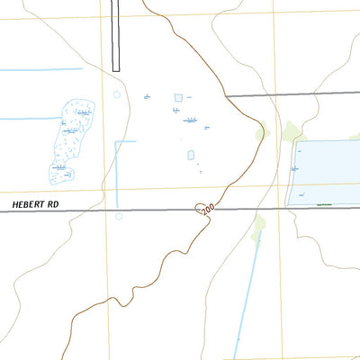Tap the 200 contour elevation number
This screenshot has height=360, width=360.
(x=208, y=209)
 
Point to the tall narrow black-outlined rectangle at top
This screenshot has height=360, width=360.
(x=115, y=36)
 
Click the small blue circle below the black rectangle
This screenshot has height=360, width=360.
(x=116, y=94)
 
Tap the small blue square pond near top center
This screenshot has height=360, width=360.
(x=178, y=97)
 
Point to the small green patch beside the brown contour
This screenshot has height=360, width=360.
(x=261, y=135)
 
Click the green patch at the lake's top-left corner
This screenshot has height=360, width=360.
(x=290, y=132)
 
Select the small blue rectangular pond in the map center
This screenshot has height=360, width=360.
(x=191, y=155)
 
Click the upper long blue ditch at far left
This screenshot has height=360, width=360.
(x=40, y=70)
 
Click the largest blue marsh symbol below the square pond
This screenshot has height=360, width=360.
(x=190, y=120)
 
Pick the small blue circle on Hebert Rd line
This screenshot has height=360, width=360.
(x=119, y=215)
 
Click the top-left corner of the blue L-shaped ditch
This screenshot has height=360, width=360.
(x=116, y=142)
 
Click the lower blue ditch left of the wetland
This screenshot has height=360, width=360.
(x=27, y=118)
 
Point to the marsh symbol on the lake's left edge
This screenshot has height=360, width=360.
(x=296, y=168)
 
